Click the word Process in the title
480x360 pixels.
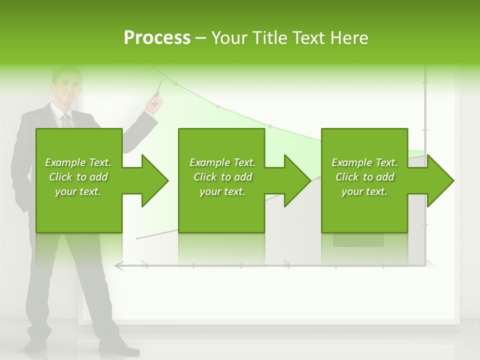click(157, 38)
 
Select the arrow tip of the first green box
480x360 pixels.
click(163, 180)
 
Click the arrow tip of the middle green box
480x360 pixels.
click(305, 180)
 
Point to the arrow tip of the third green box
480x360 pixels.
click(448, 180)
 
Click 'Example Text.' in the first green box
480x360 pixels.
click(78, 162)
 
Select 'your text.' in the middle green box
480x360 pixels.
click(222, 191)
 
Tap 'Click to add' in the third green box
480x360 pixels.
click(365, 177)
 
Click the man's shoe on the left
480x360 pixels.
click(36, 345)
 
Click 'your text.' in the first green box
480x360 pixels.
click(78, 191)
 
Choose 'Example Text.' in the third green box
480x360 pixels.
click(364, 162)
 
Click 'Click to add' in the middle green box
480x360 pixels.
click(222, 177)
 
